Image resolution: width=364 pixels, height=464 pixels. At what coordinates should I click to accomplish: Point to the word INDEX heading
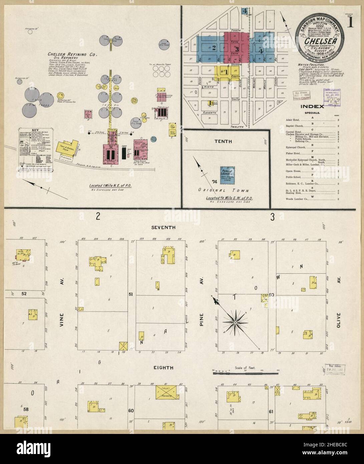pyautogui.click(x=312, y=107)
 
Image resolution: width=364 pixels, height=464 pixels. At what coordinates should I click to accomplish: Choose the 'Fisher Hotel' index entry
pyautogui.click(x=293, y=153)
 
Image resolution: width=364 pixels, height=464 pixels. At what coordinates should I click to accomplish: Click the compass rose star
pyautogui.click(x=235, y=322)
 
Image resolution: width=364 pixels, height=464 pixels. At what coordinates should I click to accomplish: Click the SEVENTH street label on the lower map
pyautogui.click(x=163, y=227)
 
